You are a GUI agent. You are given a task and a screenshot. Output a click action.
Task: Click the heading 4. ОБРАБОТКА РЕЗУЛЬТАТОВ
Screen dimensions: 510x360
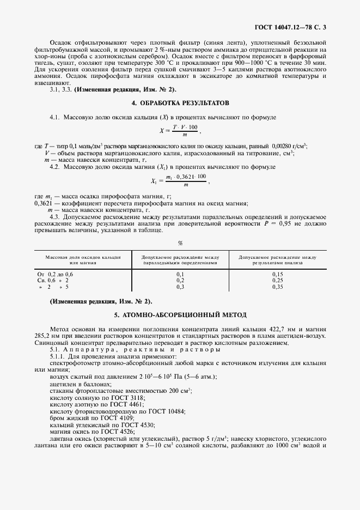[180, 102]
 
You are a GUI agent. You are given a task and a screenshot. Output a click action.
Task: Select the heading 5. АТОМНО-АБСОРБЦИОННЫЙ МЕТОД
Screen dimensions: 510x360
[180, 314]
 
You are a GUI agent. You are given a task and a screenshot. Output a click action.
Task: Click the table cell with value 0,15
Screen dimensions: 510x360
[277, 274]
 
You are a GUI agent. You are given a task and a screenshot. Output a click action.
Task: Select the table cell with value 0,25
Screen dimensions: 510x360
[277, 280]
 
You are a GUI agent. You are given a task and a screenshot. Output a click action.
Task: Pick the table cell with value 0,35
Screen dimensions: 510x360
[277, 286]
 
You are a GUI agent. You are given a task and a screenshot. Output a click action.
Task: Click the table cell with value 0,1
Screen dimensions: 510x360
[180, 274]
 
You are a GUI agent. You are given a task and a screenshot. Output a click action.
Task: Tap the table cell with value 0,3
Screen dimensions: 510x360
[180, 286]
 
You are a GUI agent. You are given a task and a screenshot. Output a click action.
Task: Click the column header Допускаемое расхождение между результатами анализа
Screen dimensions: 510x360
[277, 259]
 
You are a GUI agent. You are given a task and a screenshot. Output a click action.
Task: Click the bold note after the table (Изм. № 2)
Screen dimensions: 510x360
[101, 301]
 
